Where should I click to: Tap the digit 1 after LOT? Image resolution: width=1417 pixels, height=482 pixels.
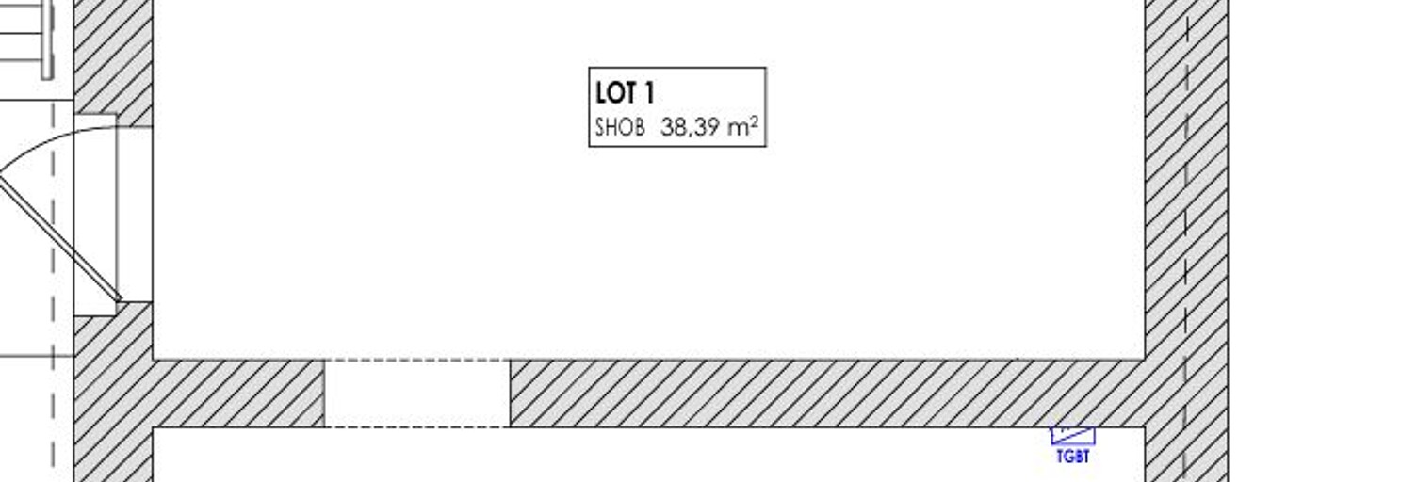[650, 93]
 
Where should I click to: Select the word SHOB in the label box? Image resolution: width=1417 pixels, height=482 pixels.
[620, 128]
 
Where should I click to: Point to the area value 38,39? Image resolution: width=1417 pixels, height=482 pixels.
[691, 128]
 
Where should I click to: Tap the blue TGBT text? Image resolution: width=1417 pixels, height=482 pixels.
[1073, 456]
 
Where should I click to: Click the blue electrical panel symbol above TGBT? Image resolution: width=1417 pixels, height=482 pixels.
[1073, 436]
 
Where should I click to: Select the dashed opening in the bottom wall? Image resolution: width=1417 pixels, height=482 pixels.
[416, 394]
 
